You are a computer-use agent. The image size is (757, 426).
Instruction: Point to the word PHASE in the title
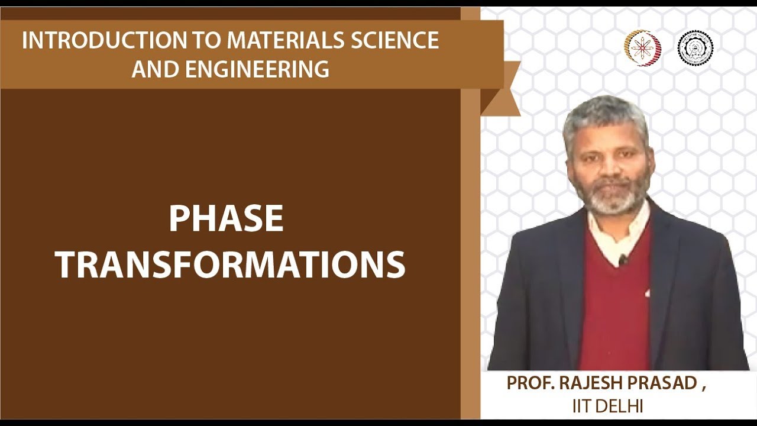click(226, 219)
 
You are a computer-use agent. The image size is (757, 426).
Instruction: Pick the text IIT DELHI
click(607, 406)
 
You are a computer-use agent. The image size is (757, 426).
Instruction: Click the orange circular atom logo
click(642, 48)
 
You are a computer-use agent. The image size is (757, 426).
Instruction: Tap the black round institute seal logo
click(695, 48)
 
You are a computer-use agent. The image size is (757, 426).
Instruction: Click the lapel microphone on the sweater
click(622, 259)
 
